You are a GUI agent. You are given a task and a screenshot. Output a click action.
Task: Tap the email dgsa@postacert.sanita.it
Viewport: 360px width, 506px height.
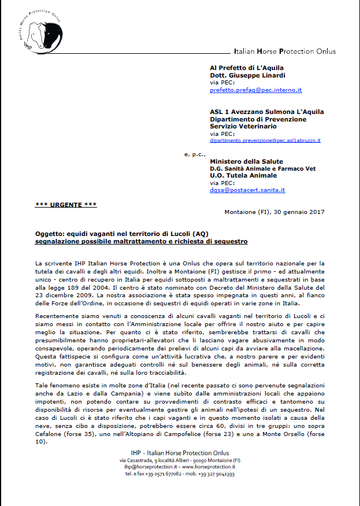(x=247, y=190)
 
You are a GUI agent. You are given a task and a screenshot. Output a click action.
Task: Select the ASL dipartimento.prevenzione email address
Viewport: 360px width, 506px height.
(x=265, y=141)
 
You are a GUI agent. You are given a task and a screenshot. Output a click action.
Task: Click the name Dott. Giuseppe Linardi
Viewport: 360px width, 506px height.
(x=247, y=75)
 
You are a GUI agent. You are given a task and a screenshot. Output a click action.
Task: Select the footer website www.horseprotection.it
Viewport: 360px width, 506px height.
(x=210, y=466)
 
